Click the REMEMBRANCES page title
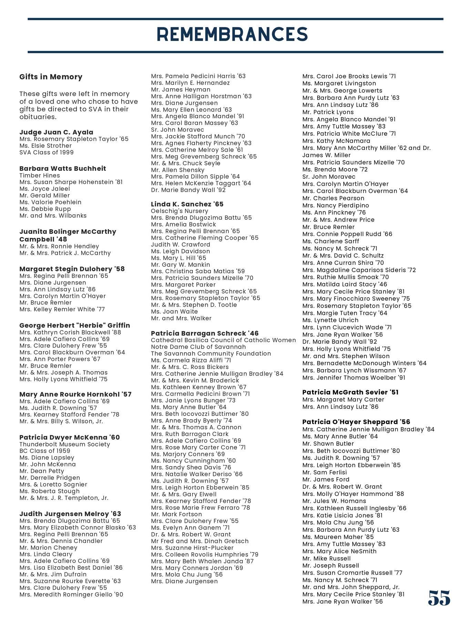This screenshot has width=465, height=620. [x=232, y=34]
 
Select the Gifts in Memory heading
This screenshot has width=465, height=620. [x=51, y=77]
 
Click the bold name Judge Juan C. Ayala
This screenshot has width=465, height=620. [x=56, y=132]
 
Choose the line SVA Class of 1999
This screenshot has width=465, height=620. [x=46, y=152]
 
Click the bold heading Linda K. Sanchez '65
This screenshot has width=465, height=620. [x=187, y=204]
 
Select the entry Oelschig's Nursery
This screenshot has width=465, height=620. [x=179, y=211]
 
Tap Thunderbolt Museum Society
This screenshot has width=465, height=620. [x=65, y=444]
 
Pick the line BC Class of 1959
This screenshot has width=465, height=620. [x=45, y=451]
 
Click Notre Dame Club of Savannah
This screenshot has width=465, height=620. [x=198, y=347]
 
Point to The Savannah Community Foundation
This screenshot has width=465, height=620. [x=211, y=353]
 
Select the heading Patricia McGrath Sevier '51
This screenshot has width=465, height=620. [x=350, y=392]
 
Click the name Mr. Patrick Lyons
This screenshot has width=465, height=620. [x=328, y=112]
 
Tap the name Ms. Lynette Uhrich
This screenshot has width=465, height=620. [x=330, y=320]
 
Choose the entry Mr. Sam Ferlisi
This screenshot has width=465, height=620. [x=324, y=472]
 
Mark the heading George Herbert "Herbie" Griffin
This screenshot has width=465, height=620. [x=75, y=325]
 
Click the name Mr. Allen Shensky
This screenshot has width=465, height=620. [x=178, y=170]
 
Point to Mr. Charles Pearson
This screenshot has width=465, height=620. [x=333, y=198]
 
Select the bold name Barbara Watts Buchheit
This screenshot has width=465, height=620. [x=63, y=168]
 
